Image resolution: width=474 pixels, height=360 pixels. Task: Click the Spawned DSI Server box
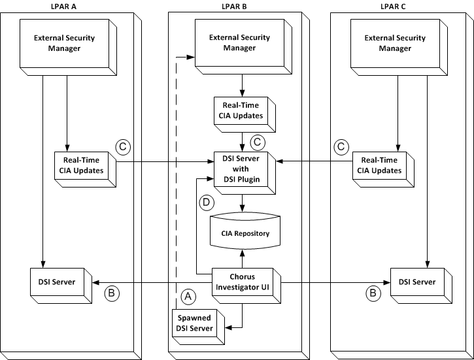pyautogui.click(x=196, y=323)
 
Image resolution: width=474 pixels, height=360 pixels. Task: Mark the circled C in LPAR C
pyautogui.click(x=340, y=147)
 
